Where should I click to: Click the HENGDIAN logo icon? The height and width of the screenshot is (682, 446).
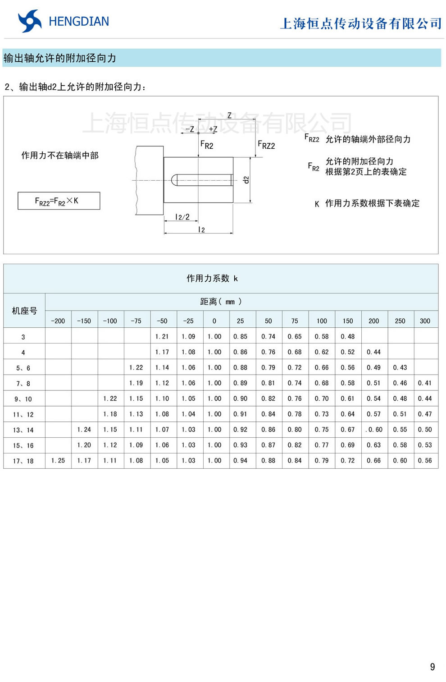[29, 21]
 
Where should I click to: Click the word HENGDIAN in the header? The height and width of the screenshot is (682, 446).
[79, 21]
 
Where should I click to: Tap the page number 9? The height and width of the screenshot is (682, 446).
[432, 667]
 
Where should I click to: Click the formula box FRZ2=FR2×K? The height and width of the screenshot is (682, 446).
[59, 201]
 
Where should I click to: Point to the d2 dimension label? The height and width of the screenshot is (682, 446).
[246, 179]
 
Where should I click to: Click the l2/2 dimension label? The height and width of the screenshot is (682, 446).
[182, 217]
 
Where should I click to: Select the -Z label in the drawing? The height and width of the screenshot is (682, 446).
[190, 129]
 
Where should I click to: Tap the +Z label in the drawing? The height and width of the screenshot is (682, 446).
[213, 129]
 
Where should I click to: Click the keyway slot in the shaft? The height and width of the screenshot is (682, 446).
[201, 180]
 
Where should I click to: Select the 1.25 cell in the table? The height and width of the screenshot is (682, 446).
[58, 461]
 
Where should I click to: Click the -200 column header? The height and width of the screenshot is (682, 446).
[58, 321]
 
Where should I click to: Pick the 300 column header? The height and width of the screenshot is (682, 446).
[425, 321]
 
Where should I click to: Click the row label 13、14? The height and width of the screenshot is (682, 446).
[23, 430]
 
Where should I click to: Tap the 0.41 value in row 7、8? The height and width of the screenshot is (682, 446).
[425, 383]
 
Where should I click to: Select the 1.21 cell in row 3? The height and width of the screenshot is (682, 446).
[162, 336]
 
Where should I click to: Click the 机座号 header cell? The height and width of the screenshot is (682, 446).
[24, 311]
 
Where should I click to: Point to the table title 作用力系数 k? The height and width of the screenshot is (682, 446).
[212, 279]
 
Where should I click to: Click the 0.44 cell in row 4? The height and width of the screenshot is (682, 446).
[373, 352]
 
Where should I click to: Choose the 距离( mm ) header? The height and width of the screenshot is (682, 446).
[221, 302]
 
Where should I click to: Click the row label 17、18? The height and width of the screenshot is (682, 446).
[23, 461]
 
